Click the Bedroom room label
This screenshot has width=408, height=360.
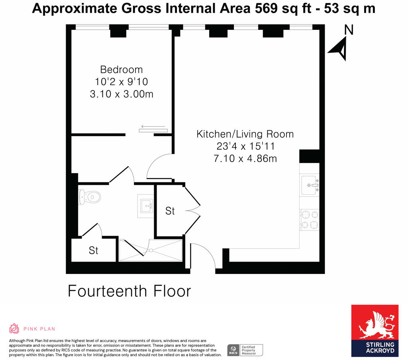point(121,69)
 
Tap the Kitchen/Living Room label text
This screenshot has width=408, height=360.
point(245,134)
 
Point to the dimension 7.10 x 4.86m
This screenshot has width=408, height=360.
point(245,158)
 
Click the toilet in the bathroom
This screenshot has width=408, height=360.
point(90,196)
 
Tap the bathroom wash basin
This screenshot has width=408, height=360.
point(147,206)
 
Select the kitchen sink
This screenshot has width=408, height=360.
point(309,185)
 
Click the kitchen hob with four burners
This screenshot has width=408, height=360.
point(310,219)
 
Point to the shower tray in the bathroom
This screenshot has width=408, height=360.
point(151,250)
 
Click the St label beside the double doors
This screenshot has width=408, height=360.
point(170,211)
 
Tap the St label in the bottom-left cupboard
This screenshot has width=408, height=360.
point(93,250)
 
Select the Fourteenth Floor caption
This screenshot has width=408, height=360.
point(129,291)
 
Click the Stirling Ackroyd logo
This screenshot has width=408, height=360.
point(375,331)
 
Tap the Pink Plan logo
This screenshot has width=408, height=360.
point(32,329)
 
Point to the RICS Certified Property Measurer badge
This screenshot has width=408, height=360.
point(245,350)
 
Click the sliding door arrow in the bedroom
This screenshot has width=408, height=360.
point(153,127)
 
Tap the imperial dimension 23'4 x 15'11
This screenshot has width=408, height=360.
point(245,146)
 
